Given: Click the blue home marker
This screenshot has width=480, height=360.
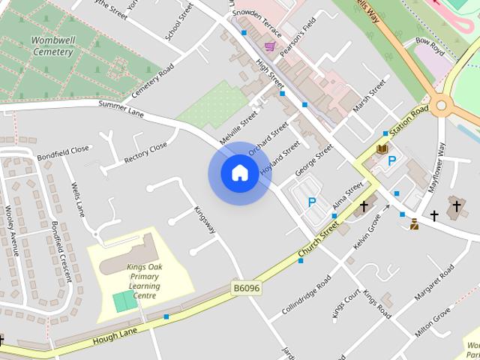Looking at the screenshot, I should (239, 173).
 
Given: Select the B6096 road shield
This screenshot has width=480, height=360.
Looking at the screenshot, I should (245, 288).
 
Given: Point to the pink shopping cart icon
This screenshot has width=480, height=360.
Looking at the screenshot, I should (269, 46).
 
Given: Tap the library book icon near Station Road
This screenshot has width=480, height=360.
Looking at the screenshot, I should (382, 149).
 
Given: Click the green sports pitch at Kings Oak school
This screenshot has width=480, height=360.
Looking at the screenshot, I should (121, 301).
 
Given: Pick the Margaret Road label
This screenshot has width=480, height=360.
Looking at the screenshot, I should (434, 283).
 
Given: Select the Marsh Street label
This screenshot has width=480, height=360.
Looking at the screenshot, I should (369, 95).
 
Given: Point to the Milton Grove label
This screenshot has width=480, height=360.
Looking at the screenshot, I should (430, 324).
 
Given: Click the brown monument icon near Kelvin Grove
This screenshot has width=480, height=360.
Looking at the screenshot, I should (413, 223).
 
